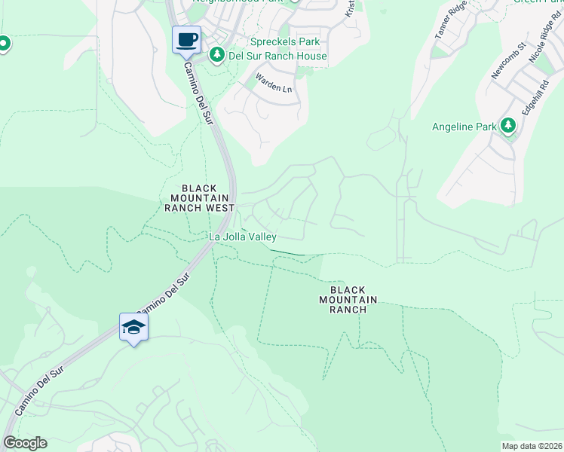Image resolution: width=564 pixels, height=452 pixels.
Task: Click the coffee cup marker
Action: point(186,39)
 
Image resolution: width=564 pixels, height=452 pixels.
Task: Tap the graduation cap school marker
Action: point(133,327)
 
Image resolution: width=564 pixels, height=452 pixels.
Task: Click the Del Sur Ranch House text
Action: point(278,56)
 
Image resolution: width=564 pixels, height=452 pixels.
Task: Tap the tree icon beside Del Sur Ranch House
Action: point(217,54)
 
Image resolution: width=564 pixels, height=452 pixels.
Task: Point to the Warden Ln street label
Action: point(273,82)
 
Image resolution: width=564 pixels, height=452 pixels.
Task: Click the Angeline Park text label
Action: point(464,127)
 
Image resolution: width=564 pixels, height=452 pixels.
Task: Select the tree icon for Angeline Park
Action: point(508,126)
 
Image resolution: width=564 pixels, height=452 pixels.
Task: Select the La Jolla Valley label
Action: point(243,237)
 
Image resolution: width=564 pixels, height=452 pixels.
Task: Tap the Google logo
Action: point(25,443)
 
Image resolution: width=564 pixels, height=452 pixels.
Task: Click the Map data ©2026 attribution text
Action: point(531,446)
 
